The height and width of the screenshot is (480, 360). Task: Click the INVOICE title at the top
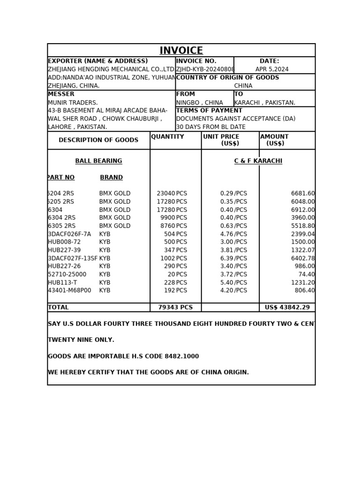[181, 51]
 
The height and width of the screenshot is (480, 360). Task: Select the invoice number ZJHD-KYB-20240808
[205, 69]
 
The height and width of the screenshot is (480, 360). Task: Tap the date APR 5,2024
[272, 69]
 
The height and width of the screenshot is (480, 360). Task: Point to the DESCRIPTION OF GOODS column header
[98, 140]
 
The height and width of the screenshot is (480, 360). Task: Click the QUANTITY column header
[167, 137]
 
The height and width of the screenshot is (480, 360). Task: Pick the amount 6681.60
[303, 194]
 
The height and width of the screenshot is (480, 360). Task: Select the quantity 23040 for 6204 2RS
[166, 194]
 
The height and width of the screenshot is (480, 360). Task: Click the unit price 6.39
[226, 258]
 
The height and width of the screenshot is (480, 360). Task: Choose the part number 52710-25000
[67, 275]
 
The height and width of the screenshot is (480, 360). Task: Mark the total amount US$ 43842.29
[287, 307]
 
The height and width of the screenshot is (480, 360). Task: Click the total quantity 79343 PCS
[175, 307]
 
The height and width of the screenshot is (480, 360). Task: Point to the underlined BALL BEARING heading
[98, 161]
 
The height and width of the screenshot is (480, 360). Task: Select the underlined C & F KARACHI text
[258, 161]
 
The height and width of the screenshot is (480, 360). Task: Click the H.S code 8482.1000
[181, 357]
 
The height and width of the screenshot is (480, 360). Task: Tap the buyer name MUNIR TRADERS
[73, 103]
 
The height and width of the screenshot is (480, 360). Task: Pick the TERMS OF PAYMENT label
[209, 111]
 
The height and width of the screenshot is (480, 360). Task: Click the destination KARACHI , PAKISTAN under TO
[264, 103]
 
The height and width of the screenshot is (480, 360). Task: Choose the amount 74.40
[307, 275]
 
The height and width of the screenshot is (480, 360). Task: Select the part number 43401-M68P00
[69, 291]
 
